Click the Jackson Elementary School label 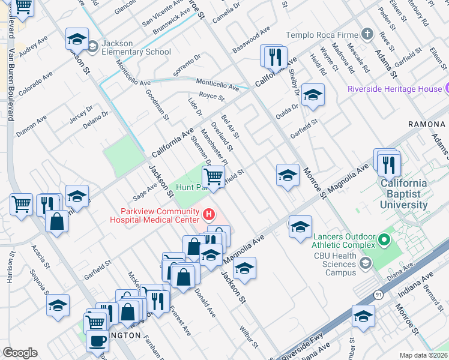[136, 47]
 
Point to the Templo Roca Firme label [322, 35]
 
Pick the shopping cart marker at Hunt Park [213, 177]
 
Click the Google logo [20, 353]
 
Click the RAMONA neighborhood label [426, 124]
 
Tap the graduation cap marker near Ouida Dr [312, 95]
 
